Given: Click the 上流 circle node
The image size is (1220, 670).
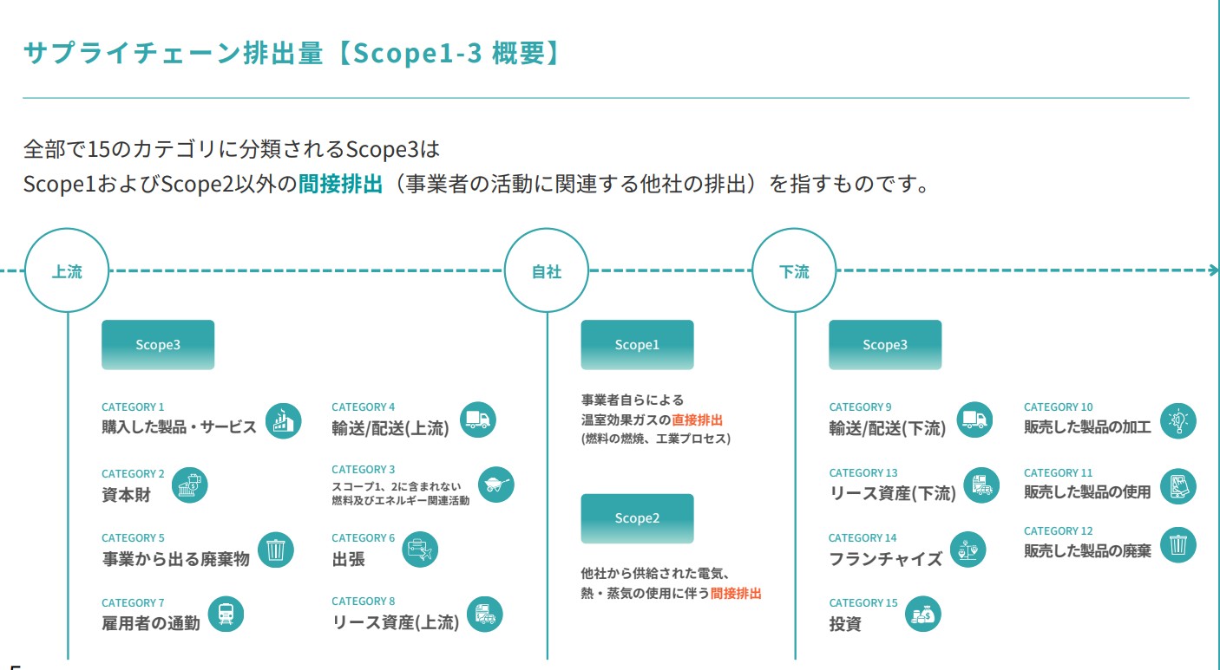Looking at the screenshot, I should pos(68,271).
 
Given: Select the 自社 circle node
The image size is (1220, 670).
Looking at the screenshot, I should pos(547,271).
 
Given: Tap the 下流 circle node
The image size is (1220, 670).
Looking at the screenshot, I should pos(794,271).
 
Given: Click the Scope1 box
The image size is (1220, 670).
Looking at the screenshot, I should pos(637,345).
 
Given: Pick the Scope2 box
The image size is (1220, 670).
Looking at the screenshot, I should pos(637,518).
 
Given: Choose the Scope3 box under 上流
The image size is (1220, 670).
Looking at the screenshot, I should pos(158,345).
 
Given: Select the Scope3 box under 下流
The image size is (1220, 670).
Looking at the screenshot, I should pos(884,345).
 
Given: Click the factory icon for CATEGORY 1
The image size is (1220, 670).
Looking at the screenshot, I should pos(283,421).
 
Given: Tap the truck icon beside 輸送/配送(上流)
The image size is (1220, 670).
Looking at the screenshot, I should pos(477,420).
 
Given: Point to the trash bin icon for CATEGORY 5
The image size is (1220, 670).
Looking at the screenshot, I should pos(276,550).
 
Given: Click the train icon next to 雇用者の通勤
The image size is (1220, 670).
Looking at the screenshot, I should pos(226,615).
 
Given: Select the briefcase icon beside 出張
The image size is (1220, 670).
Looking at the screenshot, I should pos(420,550).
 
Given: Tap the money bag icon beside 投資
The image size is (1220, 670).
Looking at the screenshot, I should pos(922,615).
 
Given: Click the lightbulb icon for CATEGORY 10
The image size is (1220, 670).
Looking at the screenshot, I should pos(1177,420).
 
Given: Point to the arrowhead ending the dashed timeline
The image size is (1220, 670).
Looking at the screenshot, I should pos(1213,270).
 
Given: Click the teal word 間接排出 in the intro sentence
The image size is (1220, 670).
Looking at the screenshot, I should pos(340,185).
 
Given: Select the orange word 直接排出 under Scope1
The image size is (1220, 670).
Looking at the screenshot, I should pos(697,420).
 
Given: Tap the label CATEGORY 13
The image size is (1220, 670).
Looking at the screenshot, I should pos(863,473).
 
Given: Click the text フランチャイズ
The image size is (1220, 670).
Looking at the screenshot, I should pos(885,559).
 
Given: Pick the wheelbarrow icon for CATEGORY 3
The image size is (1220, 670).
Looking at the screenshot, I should pos(495,485).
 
